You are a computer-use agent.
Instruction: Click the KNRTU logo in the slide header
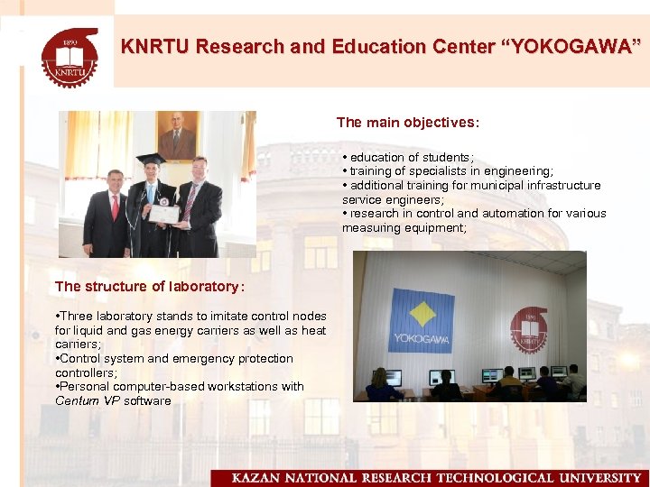click(x=70, y=55)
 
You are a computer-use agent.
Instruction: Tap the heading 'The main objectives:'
click(x=408, y=122)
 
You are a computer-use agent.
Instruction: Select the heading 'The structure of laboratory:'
click(x=149, y=287)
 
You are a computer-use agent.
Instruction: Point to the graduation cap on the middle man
click(x=152, y=160)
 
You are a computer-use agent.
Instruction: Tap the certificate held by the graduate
click(x=164, y=214)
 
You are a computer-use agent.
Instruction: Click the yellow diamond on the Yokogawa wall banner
click(x=421, y=313)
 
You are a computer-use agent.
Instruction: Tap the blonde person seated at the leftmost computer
click(x=380, y=382)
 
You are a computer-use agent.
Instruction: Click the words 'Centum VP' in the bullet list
click(x=88, y=400)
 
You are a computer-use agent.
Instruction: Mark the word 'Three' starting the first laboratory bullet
click(x=77, y=316)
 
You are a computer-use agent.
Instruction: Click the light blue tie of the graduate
click(x=153, y=194)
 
